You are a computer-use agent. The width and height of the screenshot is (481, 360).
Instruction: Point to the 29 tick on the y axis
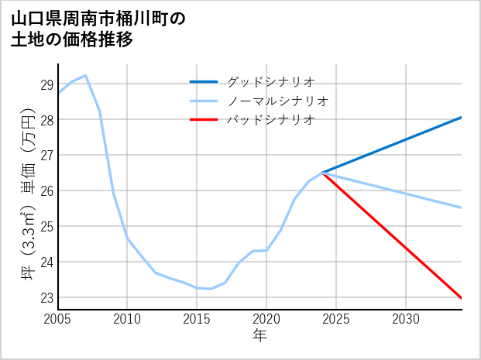(46, 84)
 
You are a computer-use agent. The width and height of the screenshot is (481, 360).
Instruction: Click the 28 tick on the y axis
(46, 120)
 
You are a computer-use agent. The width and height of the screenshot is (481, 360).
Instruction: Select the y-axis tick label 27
(46, 156)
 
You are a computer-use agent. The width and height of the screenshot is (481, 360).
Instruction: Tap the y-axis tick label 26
(46, 191)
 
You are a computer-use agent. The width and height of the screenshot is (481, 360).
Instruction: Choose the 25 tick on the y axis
(46, 227)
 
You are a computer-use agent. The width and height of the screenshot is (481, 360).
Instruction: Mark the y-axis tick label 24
(46, 262)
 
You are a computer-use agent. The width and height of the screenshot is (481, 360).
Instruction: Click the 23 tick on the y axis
(46, 298)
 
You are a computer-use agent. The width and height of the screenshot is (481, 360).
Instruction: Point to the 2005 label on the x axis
(58, 319)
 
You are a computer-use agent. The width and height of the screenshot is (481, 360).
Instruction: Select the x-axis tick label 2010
(127, 319)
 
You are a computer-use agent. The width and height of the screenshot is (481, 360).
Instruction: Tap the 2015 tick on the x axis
(197, 319)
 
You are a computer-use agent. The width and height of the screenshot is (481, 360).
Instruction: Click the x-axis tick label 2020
(266, 319)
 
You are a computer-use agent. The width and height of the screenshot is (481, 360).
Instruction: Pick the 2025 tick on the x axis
(336, 319)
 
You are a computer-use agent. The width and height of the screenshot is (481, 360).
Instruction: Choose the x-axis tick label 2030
(406, 319)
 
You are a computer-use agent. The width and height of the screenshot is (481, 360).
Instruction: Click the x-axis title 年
(259, 336)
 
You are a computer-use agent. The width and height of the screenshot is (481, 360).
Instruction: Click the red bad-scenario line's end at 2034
(462, 298)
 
